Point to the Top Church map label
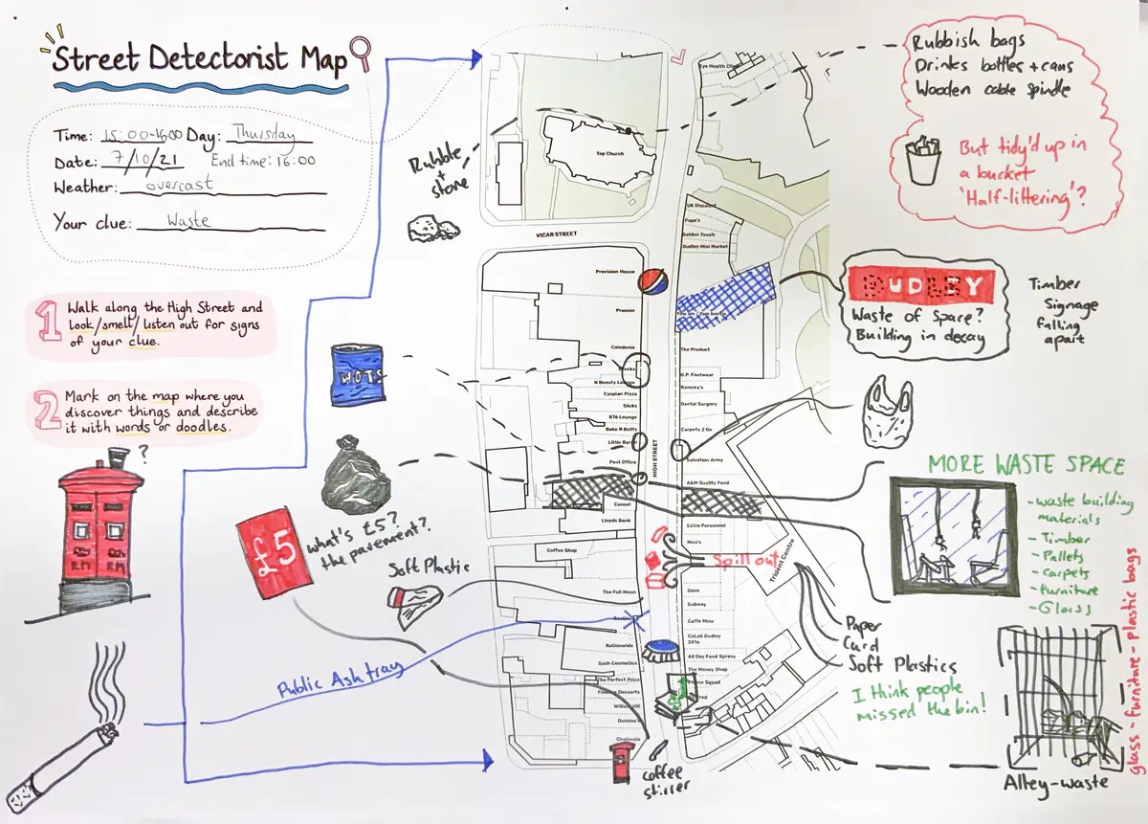tap(609, 153)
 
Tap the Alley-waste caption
tap(1055, 781)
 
